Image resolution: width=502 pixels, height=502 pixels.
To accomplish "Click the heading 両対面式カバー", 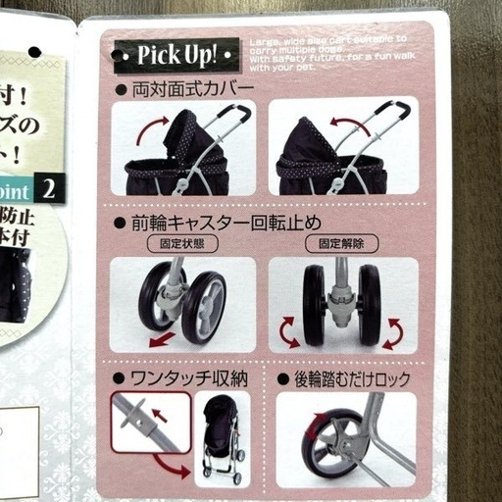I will (x=190, y=89).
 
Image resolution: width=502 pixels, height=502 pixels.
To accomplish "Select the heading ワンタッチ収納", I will (x=176, y=376).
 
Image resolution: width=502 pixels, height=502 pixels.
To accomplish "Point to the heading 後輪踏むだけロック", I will (x=349, y=376).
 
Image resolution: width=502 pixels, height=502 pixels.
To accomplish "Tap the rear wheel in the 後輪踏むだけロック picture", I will (x=331, y=441).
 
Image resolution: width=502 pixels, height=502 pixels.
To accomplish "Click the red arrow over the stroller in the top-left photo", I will (x=151, y=126).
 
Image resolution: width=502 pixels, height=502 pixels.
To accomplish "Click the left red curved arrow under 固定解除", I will (x=289, y=333).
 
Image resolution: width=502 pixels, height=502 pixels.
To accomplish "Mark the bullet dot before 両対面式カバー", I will (x=121, y=90).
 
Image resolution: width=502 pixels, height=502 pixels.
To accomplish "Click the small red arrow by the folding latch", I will (x=161, y=416).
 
